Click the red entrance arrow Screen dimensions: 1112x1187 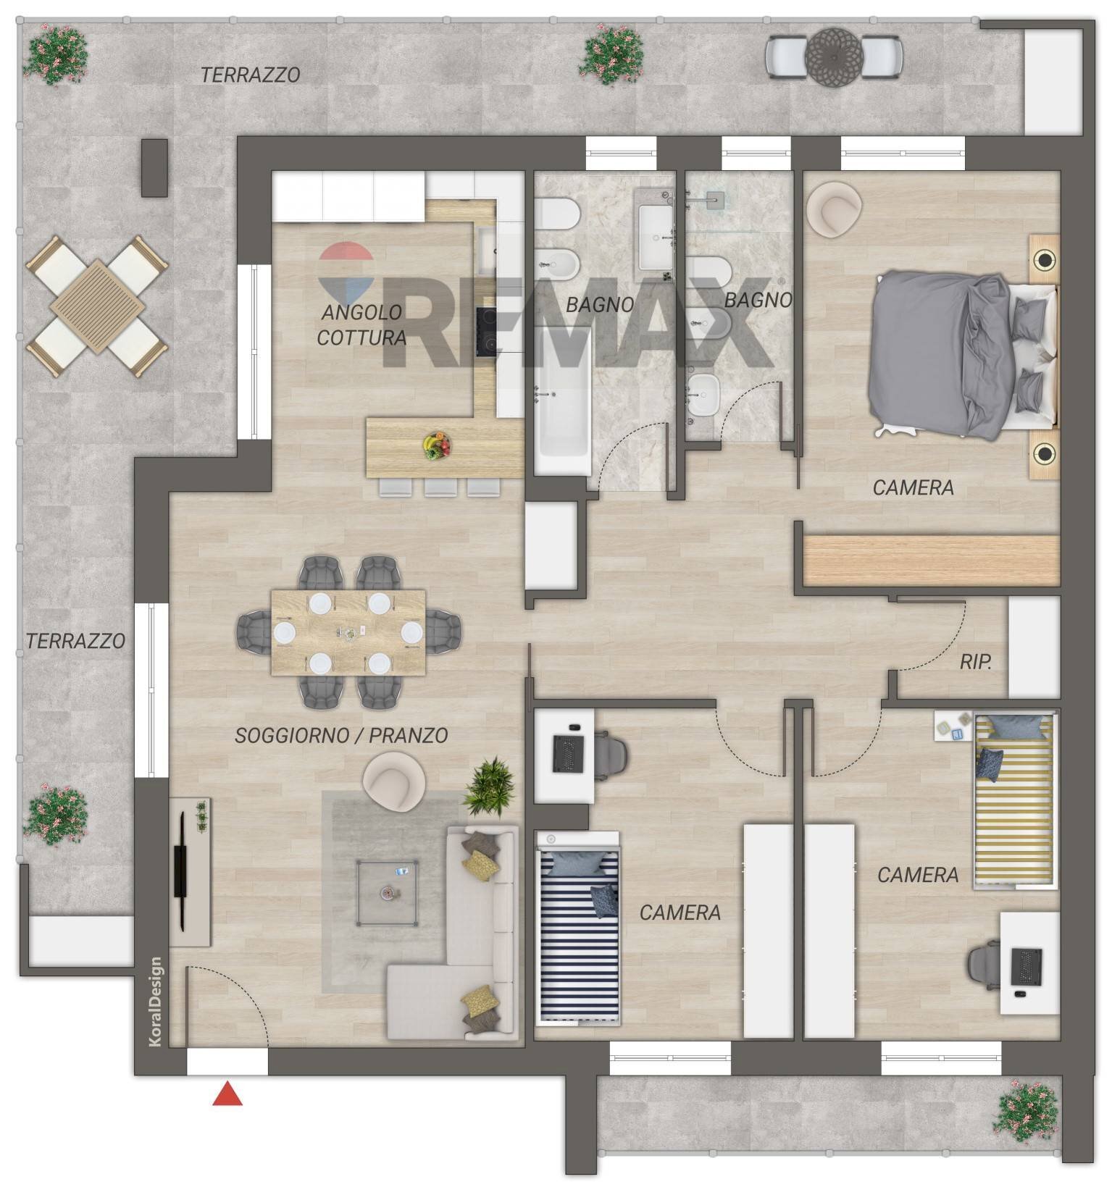coord(227,1094)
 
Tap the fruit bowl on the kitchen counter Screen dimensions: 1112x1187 coord(437,445)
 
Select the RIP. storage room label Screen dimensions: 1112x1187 coord(976,661)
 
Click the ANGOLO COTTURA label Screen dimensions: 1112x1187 coord(361,325)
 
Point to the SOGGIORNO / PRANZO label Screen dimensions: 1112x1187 coord(341,736)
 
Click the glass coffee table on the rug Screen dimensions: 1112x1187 coord(387,892)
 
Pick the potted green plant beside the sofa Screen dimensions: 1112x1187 coord(489,787)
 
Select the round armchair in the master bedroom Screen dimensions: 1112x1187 coord(835,208)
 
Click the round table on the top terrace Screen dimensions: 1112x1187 coord(834,56)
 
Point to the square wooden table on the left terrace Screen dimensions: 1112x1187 coord(98,307)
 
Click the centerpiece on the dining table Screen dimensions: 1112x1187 coord(350,633)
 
